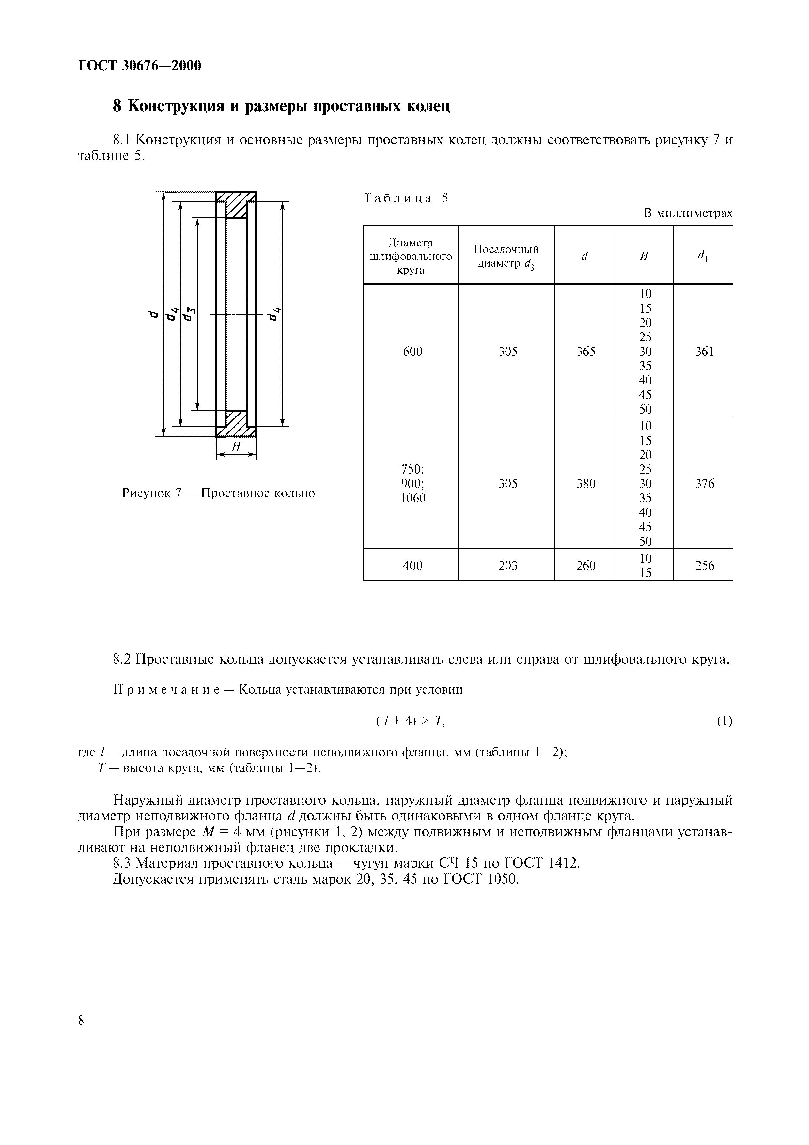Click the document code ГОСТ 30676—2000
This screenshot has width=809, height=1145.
[x=140, y=65]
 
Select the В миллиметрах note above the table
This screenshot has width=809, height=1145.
[x=688, y=213]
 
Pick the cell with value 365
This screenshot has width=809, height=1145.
[x=586, y=352]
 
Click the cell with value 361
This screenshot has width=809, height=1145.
[x=704, y=352]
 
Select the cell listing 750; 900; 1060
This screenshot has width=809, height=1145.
[x=413, y=483]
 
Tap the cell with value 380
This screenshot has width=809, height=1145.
[x=586, y=483]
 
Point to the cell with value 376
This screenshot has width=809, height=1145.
[x=704, y=483]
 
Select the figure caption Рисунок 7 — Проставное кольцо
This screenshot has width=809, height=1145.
[x=218, y=493]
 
